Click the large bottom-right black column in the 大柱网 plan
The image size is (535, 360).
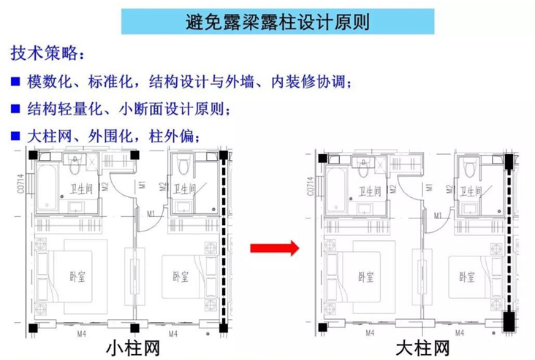(x=509, y=320)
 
